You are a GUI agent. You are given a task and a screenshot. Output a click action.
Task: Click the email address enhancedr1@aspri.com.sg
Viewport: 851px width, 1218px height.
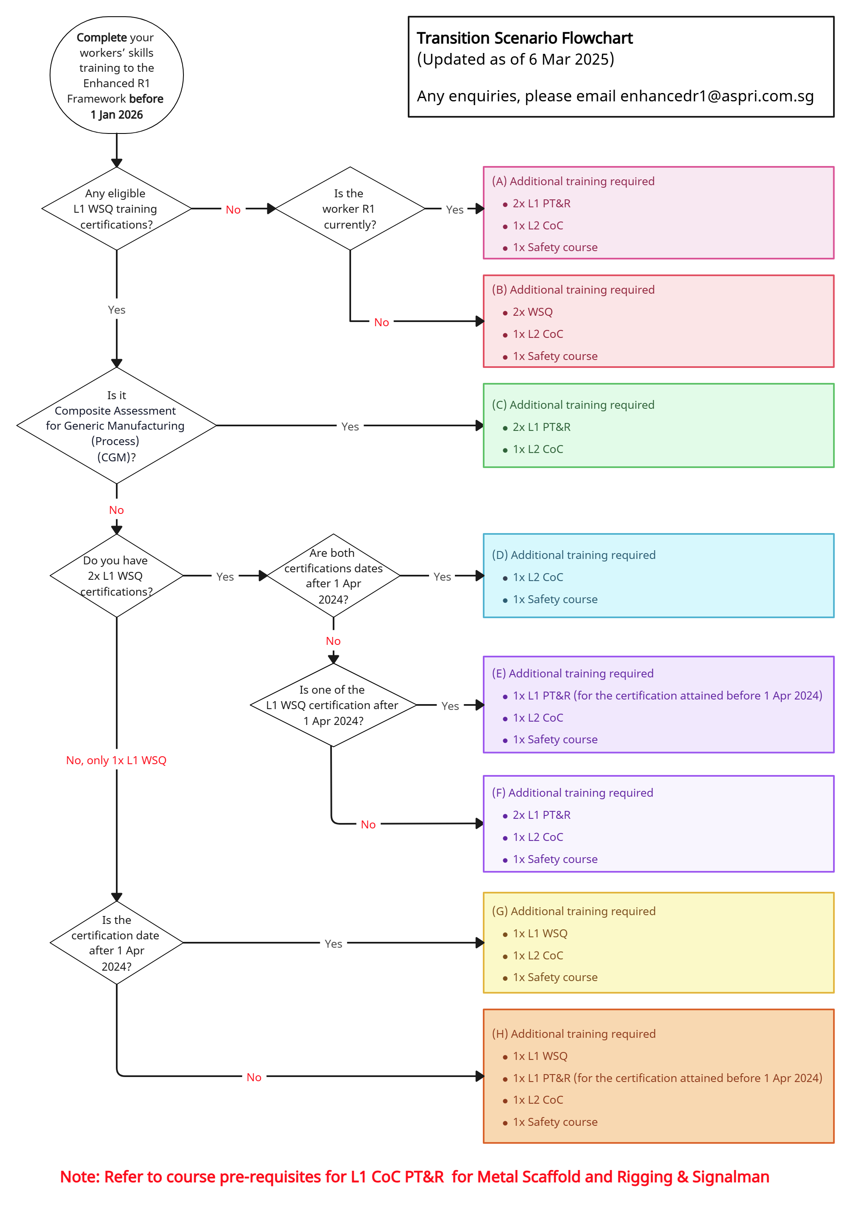click(716, 96)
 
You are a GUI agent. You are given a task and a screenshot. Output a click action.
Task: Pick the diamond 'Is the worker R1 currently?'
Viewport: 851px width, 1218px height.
click(349, 209)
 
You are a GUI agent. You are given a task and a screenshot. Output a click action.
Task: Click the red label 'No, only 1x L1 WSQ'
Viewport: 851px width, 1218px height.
click(116, 760)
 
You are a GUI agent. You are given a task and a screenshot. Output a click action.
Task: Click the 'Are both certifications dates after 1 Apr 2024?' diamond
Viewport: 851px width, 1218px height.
click(333, 576)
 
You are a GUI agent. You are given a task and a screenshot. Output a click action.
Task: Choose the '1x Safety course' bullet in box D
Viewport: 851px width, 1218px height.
click(555, 599)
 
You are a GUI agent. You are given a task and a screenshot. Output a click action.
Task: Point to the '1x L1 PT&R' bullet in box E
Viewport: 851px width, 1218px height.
click(666, 695)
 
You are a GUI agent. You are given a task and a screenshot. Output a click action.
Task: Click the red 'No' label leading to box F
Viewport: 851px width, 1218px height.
click(368, 824)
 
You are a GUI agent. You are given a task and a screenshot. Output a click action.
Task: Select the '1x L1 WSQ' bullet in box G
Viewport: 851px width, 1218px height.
click(540, 933)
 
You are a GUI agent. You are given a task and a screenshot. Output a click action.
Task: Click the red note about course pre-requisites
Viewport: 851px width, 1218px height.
click(414, 1177)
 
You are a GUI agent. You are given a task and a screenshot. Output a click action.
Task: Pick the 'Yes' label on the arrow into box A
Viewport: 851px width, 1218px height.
click(454, 209)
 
